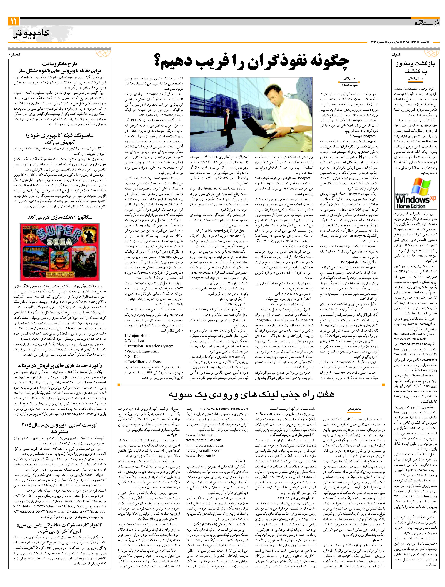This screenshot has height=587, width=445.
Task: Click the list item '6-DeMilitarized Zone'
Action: (x=143, y=362)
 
